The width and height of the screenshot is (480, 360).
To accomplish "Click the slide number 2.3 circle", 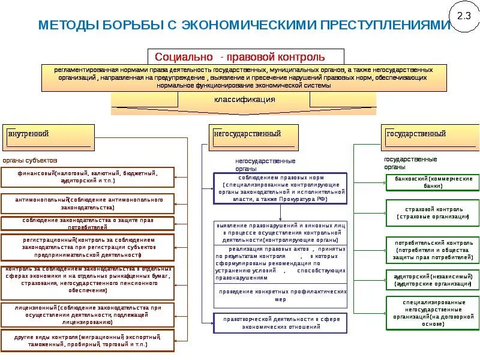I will coord(464,16).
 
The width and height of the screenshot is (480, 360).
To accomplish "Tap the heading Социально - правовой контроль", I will coord(240,57).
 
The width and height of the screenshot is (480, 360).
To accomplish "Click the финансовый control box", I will coord(88,176).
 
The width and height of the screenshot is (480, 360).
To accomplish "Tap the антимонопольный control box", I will coord(88,203).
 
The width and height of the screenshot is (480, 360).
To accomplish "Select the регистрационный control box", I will coord(88,246).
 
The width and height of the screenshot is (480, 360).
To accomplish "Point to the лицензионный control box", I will coord(88,314).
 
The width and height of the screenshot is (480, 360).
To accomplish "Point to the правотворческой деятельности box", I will coord(280,323).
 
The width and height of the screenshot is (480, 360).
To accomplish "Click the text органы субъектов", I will coord(30,161).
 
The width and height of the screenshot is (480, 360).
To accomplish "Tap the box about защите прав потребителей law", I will coord(88,223).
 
